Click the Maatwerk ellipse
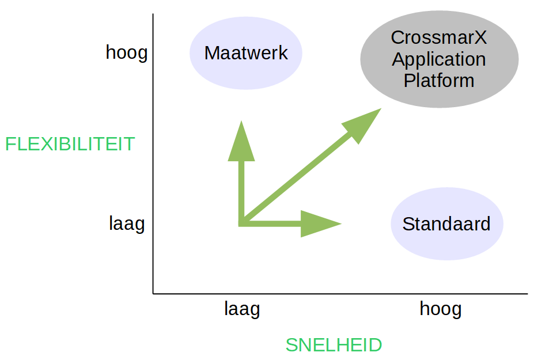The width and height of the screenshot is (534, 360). coord(246,53)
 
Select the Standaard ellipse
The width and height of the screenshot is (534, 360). coord(446,223)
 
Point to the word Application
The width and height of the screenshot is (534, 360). coord(439,59)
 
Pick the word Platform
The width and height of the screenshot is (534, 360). coord(439,80)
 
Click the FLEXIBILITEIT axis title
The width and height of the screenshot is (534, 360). coord(70,143)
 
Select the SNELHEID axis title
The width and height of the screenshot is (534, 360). coord(334,345)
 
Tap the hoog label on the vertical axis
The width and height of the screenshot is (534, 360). coord(127,53)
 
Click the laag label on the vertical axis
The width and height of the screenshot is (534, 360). coord(127,223)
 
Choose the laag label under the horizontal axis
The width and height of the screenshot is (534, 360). coord(242,309)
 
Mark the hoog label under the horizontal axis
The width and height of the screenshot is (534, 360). coord(441,309)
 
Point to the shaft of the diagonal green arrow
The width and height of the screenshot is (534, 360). coord(294,179)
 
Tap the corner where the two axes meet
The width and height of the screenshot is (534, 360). coord(153,293)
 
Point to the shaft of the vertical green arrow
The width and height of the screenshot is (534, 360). coord(241,190)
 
